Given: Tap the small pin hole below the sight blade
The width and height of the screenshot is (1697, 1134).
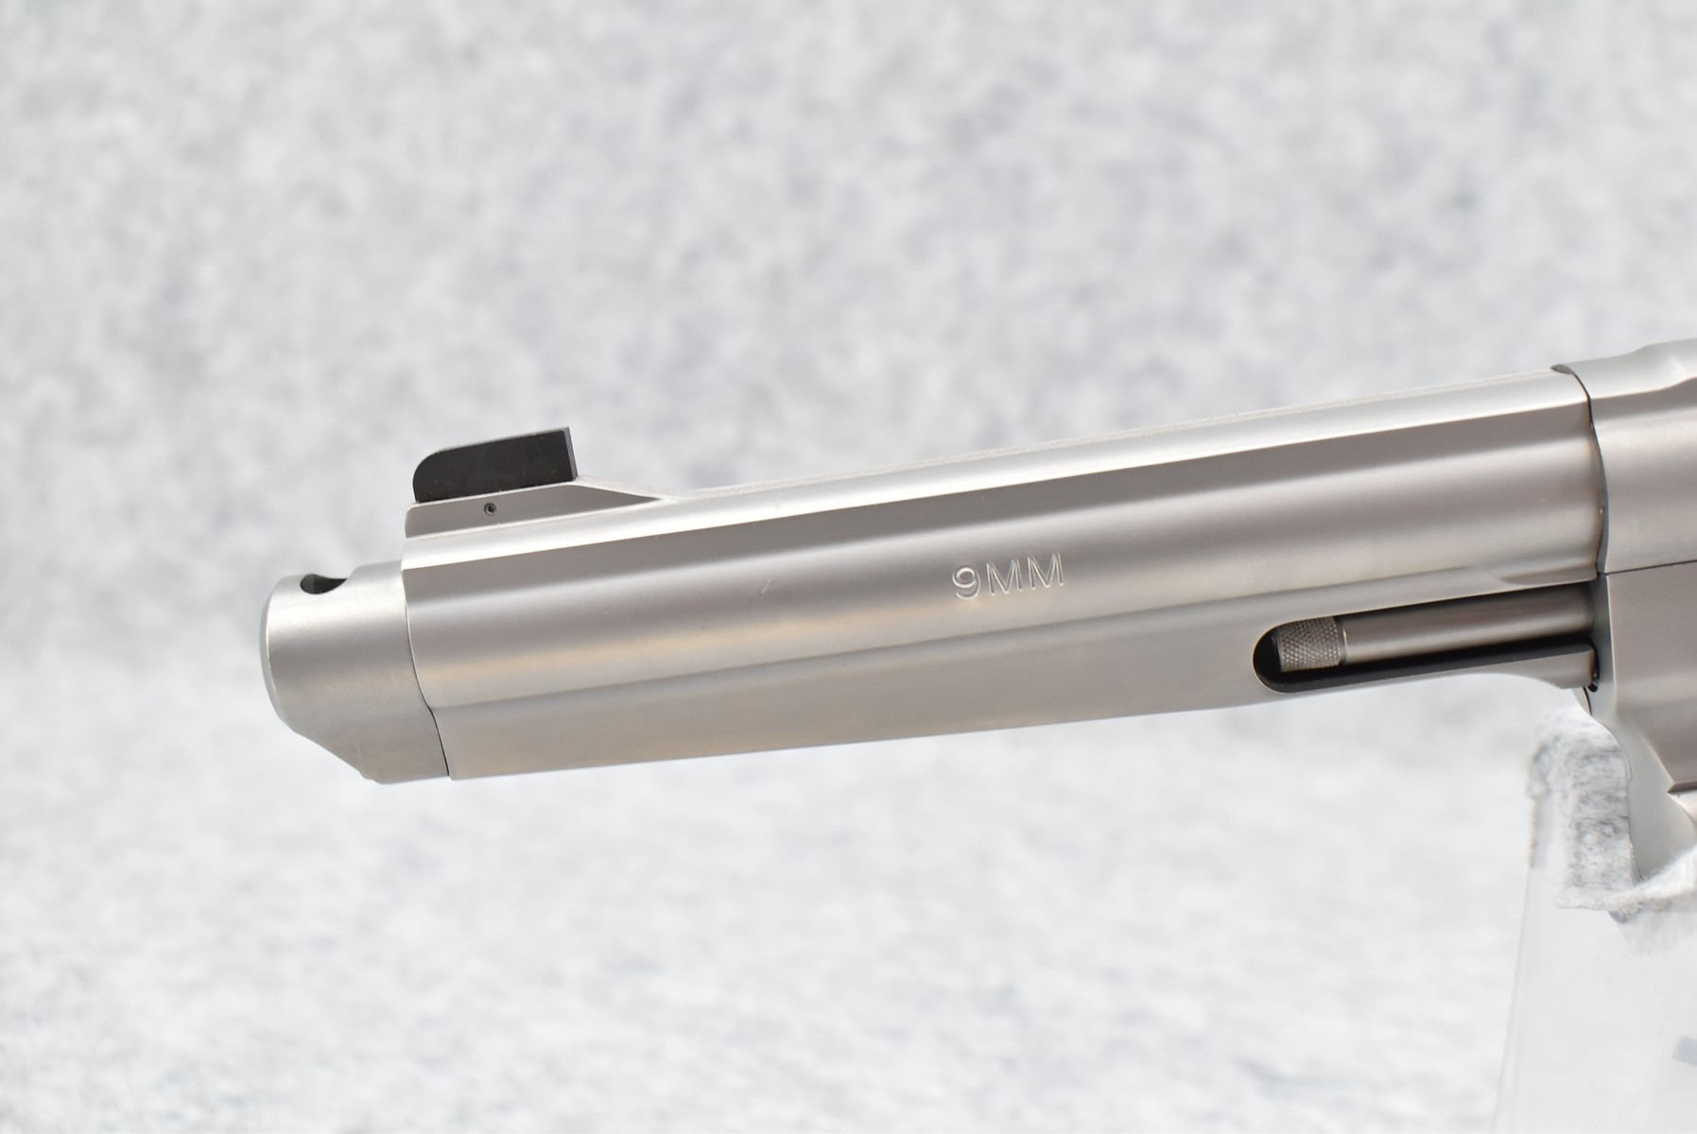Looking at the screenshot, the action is [488, 508].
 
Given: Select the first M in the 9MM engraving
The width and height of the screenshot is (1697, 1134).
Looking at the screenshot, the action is [1005, 575].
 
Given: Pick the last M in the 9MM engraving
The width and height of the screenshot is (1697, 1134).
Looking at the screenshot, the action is [1048, 572].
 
